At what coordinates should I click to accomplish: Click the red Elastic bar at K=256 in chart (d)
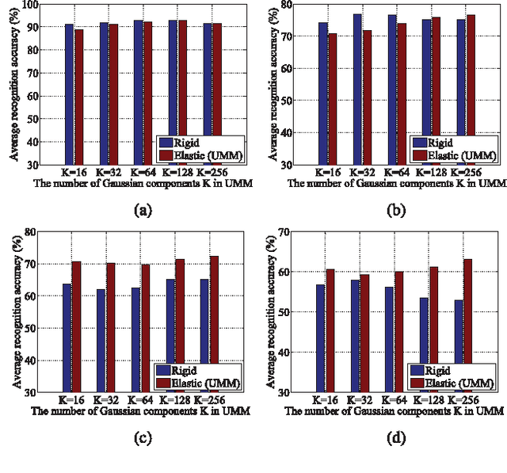pyautogui.click(x=469, y=325)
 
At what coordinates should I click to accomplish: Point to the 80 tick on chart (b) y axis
pyautogui.click(x=288, y=5)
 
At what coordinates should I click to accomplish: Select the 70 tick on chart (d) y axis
pyautogui.click(x=288, y=231)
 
